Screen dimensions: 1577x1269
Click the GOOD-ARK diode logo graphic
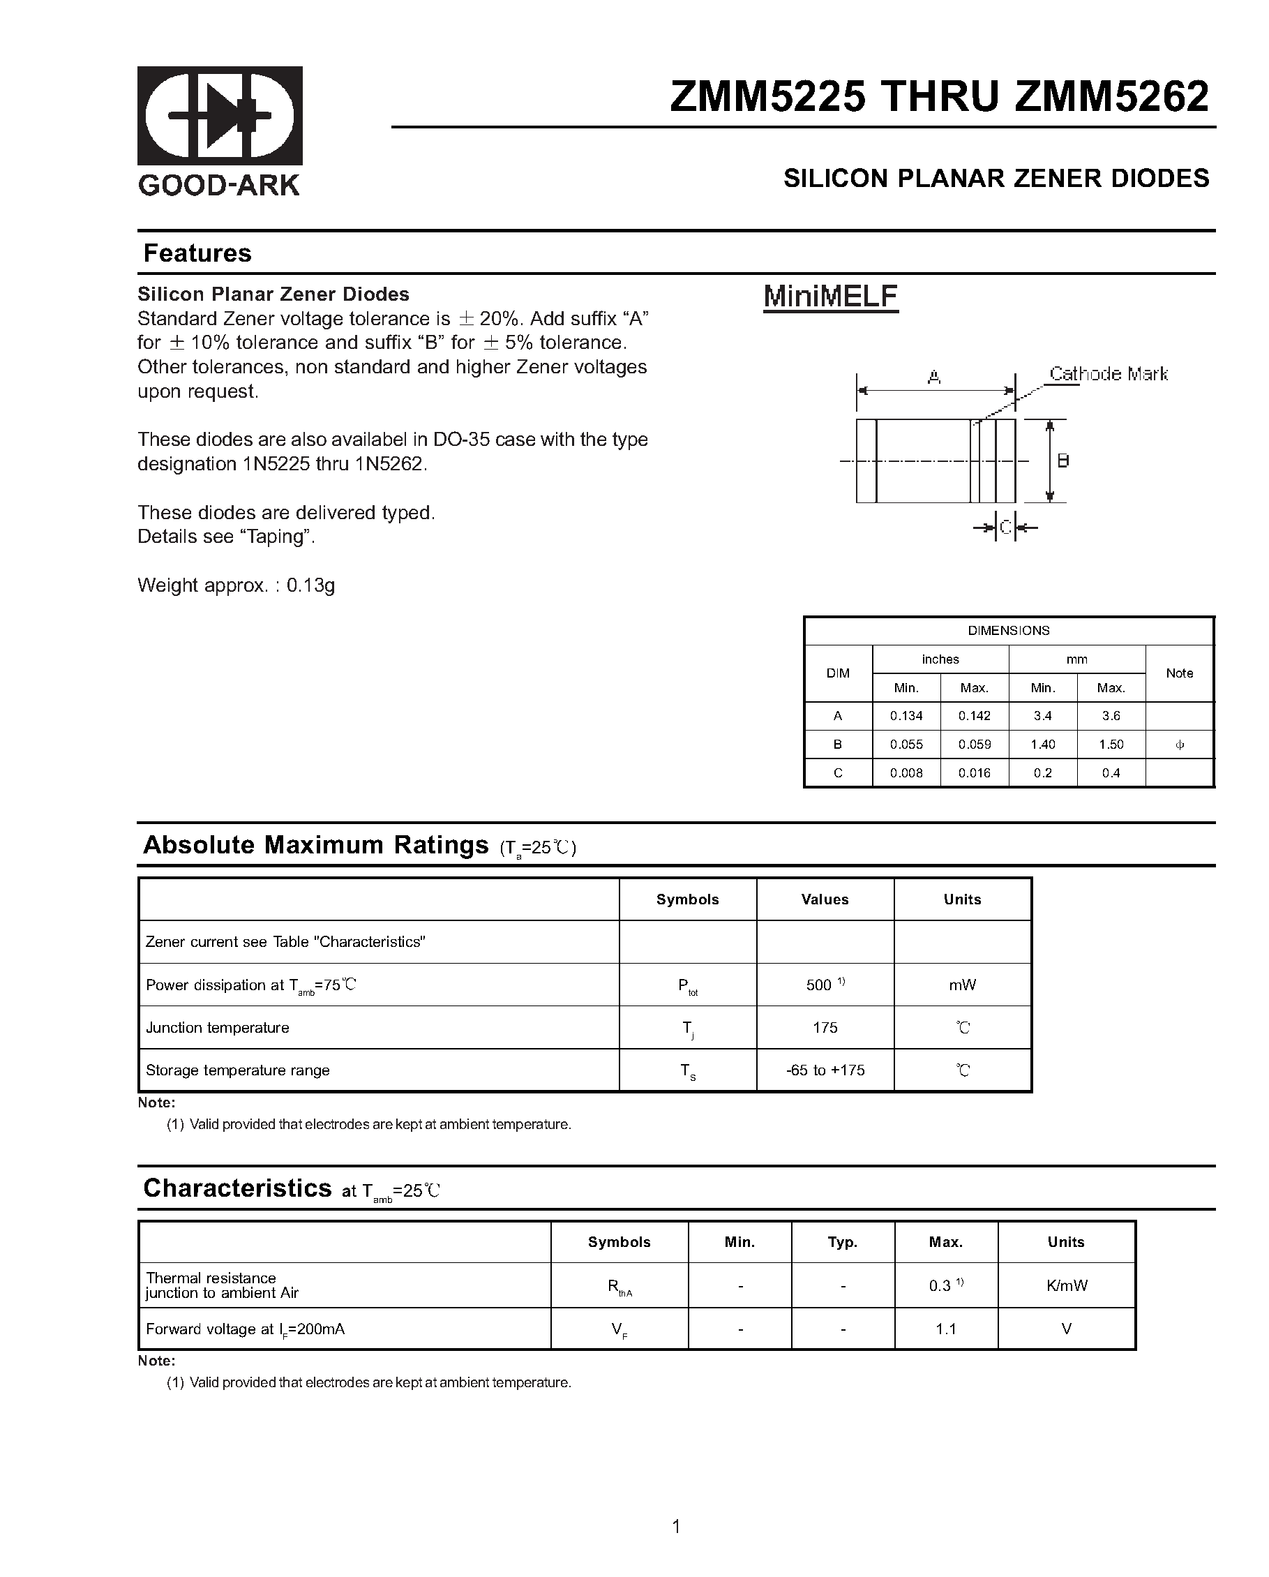tap(220, 116)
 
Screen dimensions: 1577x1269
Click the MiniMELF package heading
tap(830, 297)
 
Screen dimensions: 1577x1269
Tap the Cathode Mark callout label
tap(1108, 374)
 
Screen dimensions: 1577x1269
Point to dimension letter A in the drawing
tap(934, 378)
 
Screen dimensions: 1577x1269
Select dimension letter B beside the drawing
tap(1063, 461)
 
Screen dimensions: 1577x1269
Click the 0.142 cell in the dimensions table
tap(974, 716)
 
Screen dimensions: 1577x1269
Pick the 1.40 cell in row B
tap(1042, 745)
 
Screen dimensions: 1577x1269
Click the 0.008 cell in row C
tap(906, 773)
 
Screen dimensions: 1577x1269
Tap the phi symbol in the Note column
tap(1179, 745)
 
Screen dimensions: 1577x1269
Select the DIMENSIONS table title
tap(1008, 631)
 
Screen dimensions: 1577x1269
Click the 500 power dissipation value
tap(819, 985)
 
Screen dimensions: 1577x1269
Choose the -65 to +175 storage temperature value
tap(825, 1070)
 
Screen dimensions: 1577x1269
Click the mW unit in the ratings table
tap(962, 985)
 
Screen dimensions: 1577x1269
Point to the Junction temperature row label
tap(217, 1028)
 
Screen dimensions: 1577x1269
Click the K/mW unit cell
tap(1067, 1286)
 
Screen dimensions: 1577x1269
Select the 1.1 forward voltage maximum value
tap(946, 1329)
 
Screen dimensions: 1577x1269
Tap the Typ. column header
tap(843, 1242)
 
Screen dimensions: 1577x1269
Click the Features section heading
tap(197, 253)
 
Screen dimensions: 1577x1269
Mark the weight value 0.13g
tap(311, 585)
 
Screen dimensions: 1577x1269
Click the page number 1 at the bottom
tap(676, 1527)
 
